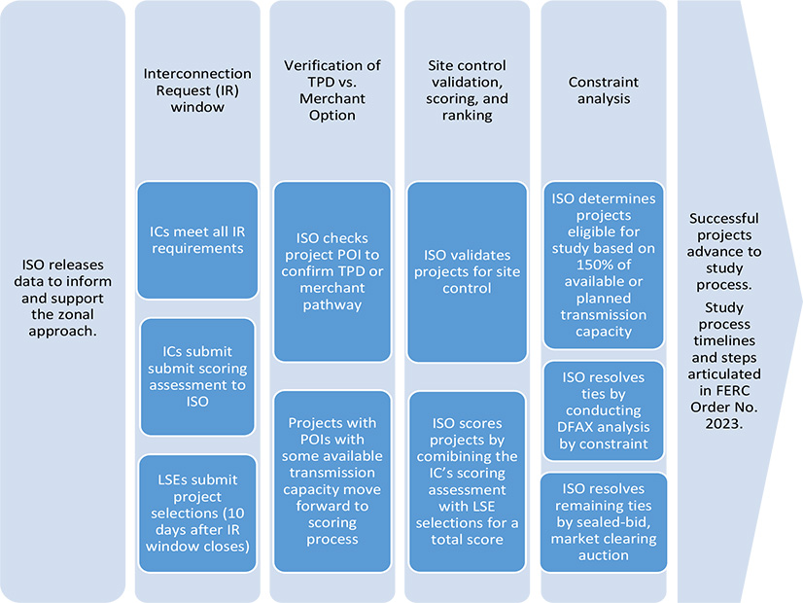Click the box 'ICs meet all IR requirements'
tap(197, 239)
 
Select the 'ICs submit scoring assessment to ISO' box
tap(197, 376)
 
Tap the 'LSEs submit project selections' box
tap(197, 514)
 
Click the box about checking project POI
tap(332, 270)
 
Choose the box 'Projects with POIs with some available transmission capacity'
tap(332, 480)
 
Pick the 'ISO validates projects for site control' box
tap(466, 270)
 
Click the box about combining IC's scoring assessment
tap(466, 480)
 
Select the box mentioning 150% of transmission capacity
tap(603, 264)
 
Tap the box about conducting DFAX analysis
tap(603, 410)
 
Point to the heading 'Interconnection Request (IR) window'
tap(197, 90)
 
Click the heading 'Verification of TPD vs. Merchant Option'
tap(332, 90)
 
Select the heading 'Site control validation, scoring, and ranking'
tap(466, 90)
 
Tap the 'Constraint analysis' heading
tap(603, 90)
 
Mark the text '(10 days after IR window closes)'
tap(197, 537)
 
